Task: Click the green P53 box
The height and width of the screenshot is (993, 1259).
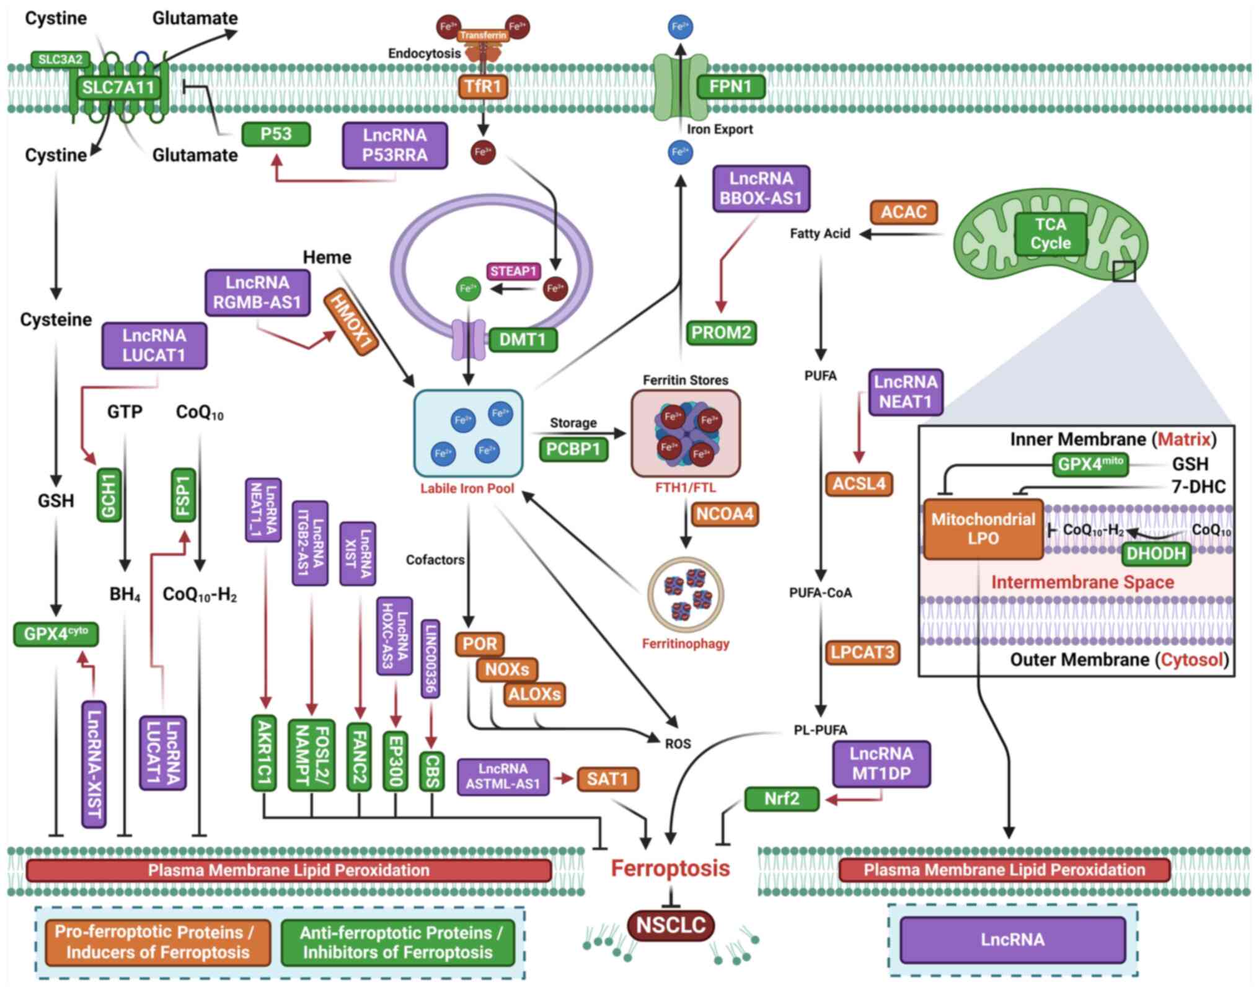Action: click(275, 135)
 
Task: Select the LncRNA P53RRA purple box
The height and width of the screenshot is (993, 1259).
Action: click(395, 145)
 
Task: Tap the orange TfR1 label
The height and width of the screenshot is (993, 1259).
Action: click(483, 86)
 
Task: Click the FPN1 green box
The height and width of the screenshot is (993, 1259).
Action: click(730, 86)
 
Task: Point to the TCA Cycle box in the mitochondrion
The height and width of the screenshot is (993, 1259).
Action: click(1050, 234)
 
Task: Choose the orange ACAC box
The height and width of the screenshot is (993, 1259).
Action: click(903, 212)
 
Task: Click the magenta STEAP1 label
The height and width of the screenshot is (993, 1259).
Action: click(514, 271)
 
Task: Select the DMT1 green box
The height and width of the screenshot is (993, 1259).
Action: click(522, 339)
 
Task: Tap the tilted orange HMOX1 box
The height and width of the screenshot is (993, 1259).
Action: click(351, 322)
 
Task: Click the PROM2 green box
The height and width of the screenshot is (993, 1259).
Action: click(721, 333)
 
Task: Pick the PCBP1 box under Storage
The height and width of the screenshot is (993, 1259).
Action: click(573, 449)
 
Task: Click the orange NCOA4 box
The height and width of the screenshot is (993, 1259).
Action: click(724, 514)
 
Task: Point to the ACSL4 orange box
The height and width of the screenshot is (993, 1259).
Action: click(859, 483)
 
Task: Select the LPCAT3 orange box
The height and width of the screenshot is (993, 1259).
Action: click(862, 652)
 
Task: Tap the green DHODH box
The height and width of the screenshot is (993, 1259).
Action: click(1155, 554)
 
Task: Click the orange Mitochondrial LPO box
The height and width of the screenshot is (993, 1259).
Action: click(983, 529)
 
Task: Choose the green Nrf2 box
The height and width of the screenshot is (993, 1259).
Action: click(781, 798)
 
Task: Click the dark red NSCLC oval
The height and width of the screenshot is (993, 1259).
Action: click(671, 925)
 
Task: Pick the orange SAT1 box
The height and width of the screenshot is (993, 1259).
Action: click(607, 779)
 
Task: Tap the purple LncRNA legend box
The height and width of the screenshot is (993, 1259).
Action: click(1012, 939)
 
